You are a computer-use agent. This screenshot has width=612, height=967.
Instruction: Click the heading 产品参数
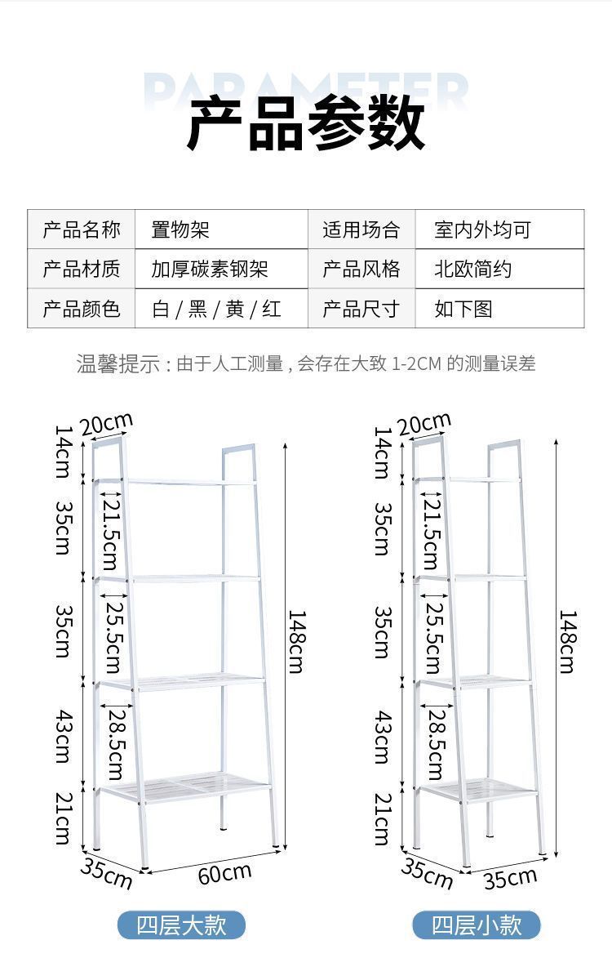pyautogui.click(x=306, y=124)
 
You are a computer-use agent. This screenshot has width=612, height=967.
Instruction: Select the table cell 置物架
pyautogui.click(x=180, y=229)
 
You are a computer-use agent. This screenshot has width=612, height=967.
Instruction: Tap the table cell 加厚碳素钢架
pyautogui.click(x=210, y=269)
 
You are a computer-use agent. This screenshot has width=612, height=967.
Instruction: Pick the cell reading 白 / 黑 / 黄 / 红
pyautogui.click(x=216, y=309)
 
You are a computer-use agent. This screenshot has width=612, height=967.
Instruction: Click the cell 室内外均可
pyautogui.click(x=482, y=229)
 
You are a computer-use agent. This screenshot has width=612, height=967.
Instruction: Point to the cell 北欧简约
pyautogui.click(x=473, y=269)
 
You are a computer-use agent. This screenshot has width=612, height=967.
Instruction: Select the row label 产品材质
pyautogui.click(x=82, y=269)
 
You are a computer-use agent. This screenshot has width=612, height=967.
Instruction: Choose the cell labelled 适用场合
pyautogui.click(x=361, y=229)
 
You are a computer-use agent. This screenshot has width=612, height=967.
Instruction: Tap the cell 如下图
pyautogui.click(x=463, y=309)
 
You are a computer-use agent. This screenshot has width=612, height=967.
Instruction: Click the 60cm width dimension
pyautogui.click(x=224, y=873)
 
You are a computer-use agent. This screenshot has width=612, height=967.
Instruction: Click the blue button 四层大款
pyautogui.click(x=181, y=925)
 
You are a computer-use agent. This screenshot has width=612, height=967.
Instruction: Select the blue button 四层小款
pyautogui.click(x=476, y=925)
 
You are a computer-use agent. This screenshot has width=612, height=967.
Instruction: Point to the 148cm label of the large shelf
pyautogui.click(x=295, y=642)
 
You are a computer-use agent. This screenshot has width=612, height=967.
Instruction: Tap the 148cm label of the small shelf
pyautogui.click(x=567, y=642)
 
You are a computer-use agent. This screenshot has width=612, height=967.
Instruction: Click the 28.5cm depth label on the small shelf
pyautogui.click(x=434, y=744)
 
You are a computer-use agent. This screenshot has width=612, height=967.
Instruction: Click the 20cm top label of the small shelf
pyautogui.click(x=424, y=425)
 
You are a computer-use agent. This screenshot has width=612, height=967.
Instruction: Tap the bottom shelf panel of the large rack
pyautogui.click(x=184, y=786)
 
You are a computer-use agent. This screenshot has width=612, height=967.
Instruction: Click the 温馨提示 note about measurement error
pyautogui.click(x=306, y=363)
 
